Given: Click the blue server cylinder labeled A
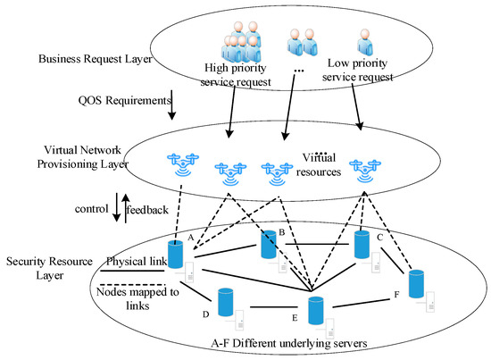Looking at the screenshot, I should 176,255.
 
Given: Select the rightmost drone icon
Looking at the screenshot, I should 363,166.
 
